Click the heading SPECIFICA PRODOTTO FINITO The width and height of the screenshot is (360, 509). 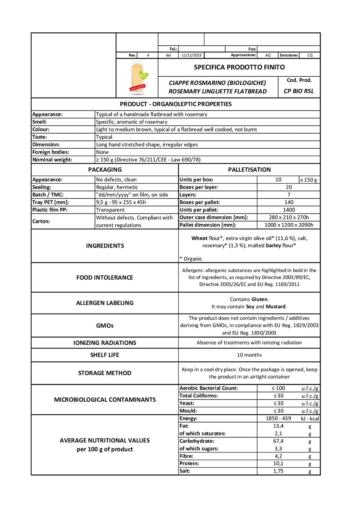pos(239,67)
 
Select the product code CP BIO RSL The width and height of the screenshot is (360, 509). pos(299,91)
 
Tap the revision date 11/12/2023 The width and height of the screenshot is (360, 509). pos(192,55)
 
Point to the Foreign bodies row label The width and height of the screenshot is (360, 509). pos(51,152)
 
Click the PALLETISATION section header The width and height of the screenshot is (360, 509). pos(249,170)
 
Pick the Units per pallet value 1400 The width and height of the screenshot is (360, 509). pos(289,210)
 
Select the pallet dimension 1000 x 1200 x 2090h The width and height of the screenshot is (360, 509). pos(289,225)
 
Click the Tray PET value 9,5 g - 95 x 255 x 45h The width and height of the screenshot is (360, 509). pos(121,202)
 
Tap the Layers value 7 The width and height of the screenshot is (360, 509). pos(289,195)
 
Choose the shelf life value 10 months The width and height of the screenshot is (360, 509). pos(249,355)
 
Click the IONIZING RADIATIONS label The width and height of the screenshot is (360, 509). pos(105,343)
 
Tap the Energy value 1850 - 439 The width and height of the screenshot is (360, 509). pos(278,419)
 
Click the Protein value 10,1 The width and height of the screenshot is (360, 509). pos(278,464)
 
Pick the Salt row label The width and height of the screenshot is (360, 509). pos(185,471)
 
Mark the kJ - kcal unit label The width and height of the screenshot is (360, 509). pos(310,419)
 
